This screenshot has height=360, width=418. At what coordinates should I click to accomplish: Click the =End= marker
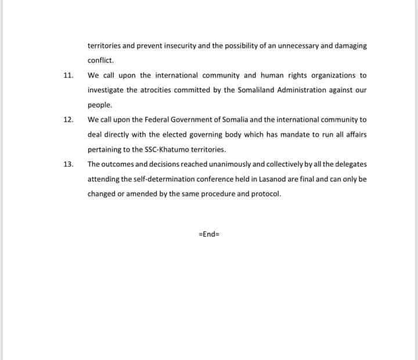(x=209, y=235)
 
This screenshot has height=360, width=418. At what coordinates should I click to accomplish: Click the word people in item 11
(x=99, y=105)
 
